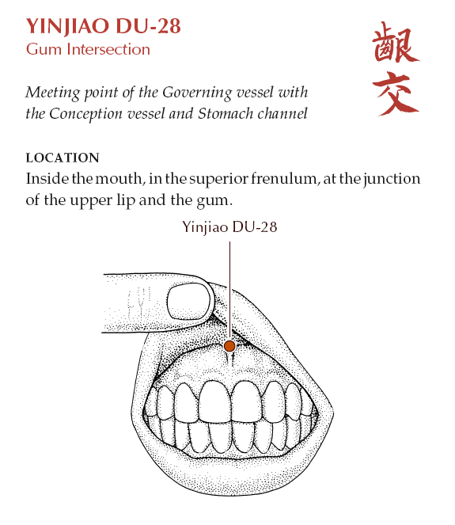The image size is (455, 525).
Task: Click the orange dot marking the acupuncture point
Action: (x=229, y=346)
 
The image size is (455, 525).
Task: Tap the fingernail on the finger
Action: (x=189, y=302)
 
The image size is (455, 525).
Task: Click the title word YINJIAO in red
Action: (x=68, y=26)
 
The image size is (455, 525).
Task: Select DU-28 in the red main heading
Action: (x=148, y=26)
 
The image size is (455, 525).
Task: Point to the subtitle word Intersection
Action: (x=108, y=49)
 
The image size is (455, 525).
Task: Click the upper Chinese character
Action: (x=395, y=43)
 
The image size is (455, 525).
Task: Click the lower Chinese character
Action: (x=396, y=93)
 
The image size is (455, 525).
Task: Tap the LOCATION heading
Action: (x=63, y=158)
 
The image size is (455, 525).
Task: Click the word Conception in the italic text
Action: (x=85, y=115)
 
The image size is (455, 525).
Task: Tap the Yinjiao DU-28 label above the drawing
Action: (x=229, y=227)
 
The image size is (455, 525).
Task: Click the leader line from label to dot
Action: (x=229, y=291)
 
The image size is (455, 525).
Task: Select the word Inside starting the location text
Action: (x=47, y=178)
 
